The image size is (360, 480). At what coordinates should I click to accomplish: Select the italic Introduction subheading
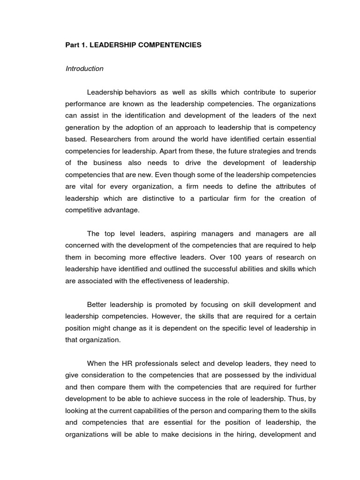(84, 68)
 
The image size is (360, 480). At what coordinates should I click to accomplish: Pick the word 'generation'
(83, 127)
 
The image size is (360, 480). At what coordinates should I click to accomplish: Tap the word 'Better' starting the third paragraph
(97, 304)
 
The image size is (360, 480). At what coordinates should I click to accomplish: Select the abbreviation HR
(127, 363)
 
